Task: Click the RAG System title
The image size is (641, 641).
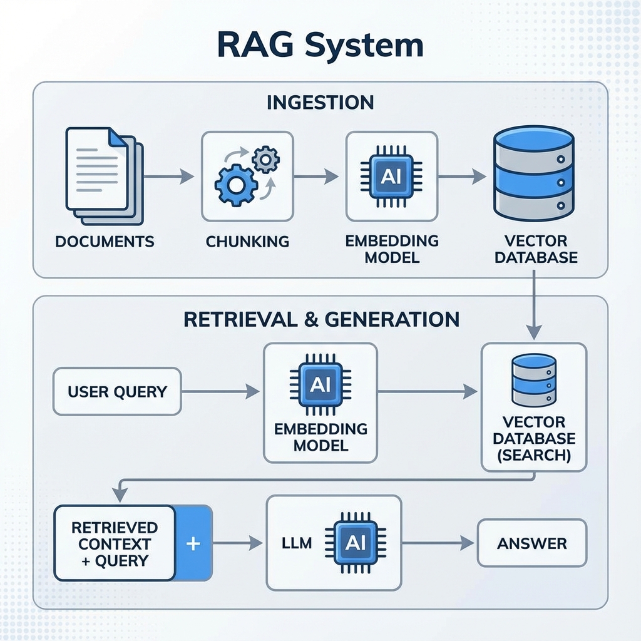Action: [320, 46]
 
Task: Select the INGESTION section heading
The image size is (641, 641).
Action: [320, 102]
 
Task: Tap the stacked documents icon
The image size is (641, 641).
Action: [104, 175]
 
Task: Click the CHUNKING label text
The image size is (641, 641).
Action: [247, 241]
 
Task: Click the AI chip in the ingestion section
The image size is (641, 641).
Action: [391, 176]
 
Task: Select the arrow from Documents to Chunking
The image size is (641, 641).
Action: [169, 177]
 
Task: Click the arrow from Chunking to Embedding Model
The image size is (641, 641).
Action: [316, 177]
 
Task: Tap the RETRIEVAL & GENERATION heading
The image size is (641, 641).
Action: [321, 319]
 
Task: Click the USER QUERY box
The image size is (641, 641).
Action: [117, 392]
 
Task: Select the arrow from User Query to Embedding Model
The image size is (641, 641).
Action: [220, 392]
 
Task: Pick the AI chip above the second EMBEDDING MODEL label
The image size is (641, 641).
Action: [320, 384]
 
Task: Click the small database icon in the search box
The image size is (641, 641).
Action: [533, 380]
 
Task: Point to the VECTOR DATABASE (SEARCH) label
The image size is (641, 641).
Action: [533, 438]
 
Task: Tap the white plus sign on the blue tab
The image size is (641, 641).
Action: [193, 543]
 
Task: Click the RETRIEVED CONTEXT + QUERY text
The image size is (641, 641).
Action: [115, 543]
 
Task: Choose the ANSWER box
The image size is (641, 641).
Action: [531, 543]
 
